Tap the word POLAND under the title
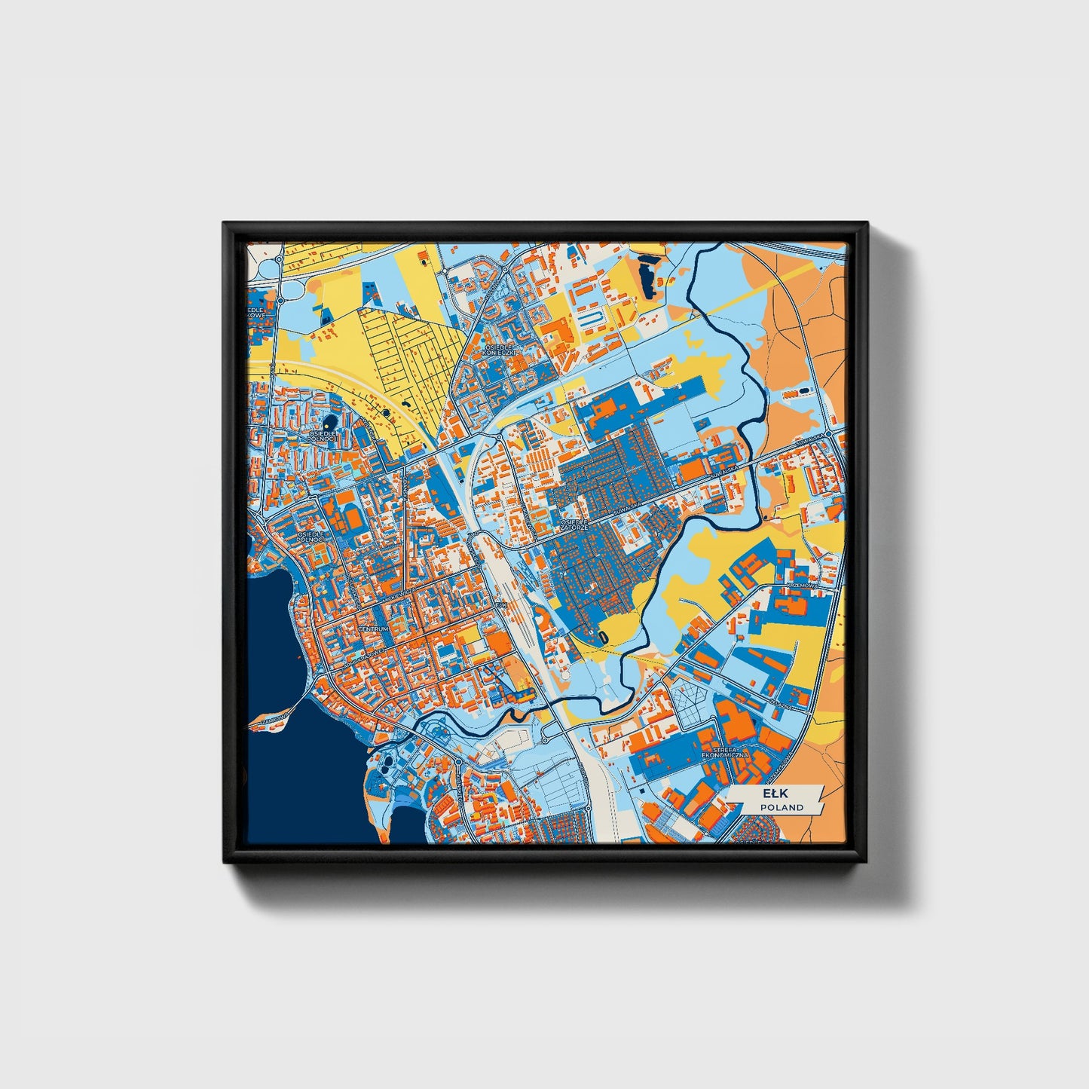pyautogui.click(x=781, y=807)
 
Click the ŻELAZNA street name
pyautogui.click(x=780, y=702)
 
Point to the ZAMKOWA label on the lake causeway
pyautogui.click(x=274, y=720)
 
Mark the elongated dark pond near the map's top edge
pyautogui.click(x=646, y=274)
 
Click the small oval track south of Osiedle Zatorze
pyautogui.click(x=604, y=637)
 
